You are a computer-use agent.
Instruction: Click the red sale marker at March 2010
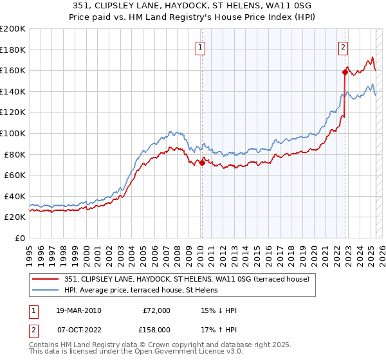tap(202, 163)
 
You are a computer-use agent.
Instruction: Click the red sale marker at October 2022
tap(345, 73)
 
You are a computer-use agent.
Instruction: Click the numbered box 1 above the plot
tap(201, 47)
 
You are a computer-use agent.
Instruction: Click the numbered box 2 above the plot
tap(344, 47)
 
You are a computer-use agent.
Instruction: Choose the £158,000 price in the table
tap(156, 328)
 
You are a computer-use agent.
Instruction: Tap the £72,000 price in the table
tap(156, 310)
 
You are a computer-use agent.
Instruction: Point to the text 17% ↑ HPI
tap(219, 328)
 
